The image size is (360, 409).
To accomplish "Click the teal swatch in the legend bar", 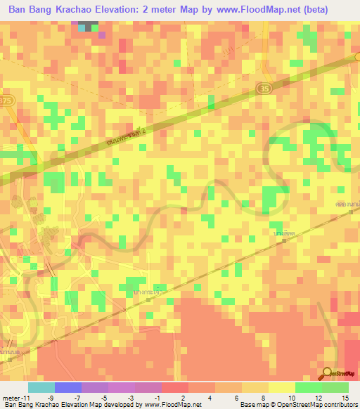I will pos(41,387).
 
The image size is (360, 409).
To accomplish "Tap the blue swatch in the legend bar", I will pos(68,387).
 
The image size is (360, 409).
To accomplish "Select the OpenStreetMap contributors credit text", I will pos(316,405).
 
